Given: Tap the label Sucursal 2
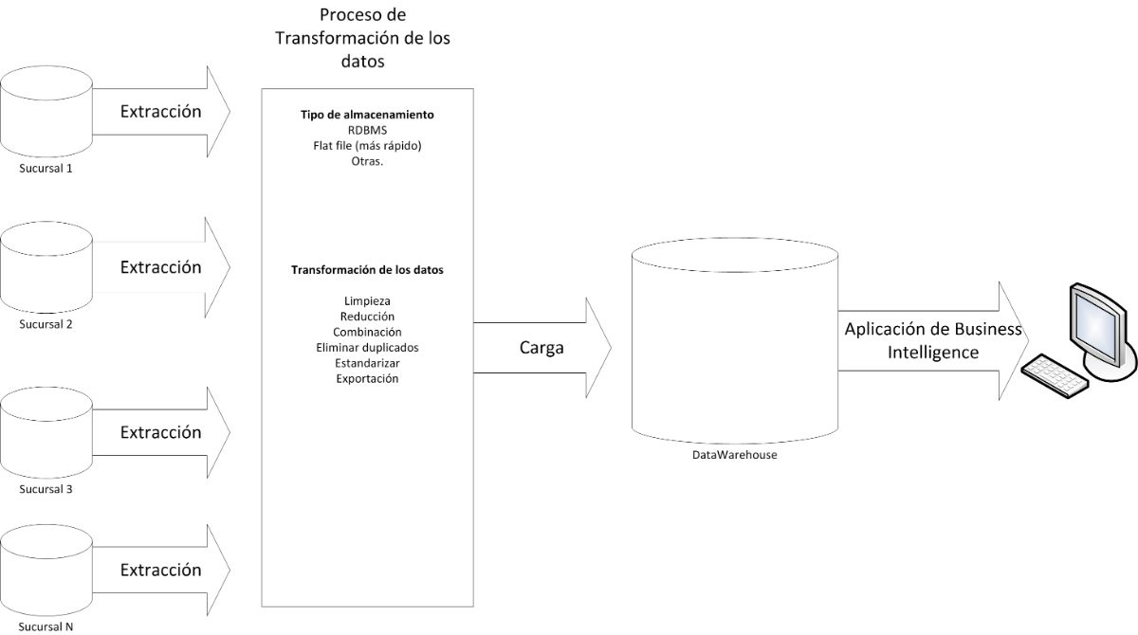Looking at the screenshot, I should tap(46, 324).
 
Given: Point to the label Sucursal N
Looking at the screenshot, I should tap(46, 626).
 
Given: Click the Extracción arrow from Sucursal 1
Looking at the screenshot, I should tap(161, 112).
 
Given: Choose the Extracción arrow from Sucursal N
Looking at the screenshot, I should tap(161, 571).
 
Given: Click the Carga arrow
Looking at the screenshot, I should tap(541, 348).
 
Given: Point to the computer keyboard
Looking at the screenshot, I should tap(1055, 374).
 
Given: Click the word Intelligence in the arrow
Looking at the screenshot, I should tap(932, 353).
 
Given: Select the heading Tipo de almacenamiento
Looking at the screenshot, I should tap(367, 115).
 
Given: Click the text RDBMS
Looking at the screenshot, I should tap(367, 131).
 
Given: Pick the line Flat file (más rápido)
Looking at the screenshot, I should tap(367, 146).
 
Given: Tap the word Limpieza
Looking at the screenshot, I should tap(367, 301).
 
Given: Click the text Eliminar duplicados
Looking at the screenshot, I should tap(367, 348).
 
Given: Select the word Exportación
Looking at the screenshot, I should tap(367, 379).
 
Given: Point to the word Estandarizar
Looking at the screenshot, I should tap(367, 363).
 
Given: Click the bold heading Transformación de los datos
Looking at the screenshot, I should tap(367, 270).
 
